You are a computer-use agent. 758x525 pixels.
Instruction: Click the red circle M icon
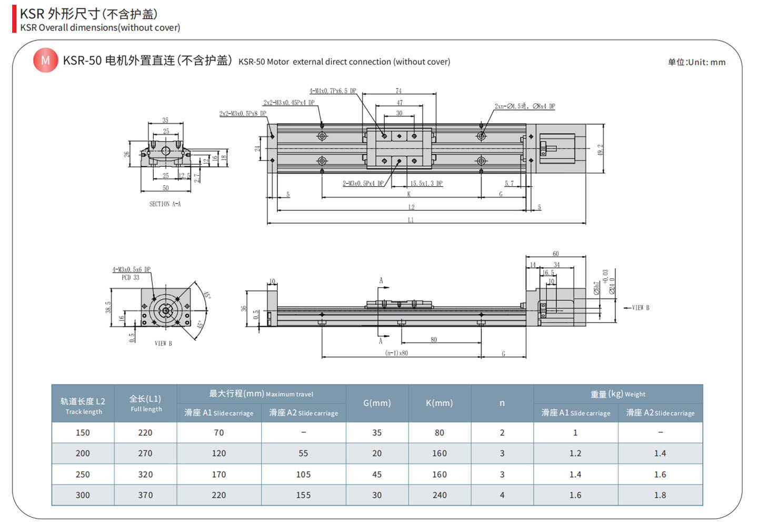pos(45,60)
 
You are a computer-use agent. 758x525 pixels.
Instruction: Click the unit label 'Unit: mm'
pos(696,62)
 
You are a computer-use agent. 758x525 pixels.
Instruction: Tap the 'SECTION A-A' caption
pos(165,204)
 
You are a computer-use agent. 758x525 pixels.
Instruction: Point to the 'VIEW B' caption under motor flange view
pos(163,344)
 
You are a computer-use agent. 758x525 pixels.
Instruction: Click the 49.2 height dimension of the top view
pos(600,150)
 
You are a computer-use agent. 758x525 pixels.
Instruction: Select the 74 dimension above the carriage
pos(398,91)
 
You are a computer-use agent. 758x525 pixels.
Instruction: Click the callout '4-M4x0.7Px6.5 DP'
pos(333,91)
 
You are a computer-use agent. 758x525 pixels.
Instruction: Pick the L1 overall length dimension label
pos(411,220)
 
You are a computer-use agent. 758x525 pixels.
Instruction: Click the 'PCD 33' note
pos(131,278)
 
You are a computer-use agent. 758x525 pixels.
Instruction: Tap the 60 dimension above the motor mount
pos(556,254)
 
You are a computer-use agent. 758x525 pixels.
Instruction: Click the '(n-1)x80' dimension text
pos(396,353)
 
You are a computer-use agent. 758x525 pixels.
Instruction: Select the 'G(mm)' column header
pos(377,403)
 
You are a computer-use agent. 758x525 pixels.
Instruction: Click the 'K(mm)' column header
pos(439,403)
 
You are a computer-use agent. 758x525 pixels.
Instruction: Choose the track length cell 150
pos(83,432)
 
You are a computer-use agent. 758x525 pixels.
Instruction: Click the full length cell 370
pos(145,495)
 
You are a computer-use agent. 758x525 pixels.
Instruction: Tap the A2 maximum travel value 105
pos(303,474)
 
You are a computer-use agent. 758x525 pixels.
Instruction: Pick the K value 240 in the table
pos(440,495)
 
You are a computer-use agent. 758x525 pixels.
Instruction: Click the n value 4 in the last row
pos(502,495)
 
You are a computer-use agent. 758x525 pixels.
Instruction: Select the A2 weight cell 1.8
pos(660,495)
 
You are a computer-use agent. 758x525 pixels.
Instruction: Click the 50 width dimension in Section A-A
pos(166,188)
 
